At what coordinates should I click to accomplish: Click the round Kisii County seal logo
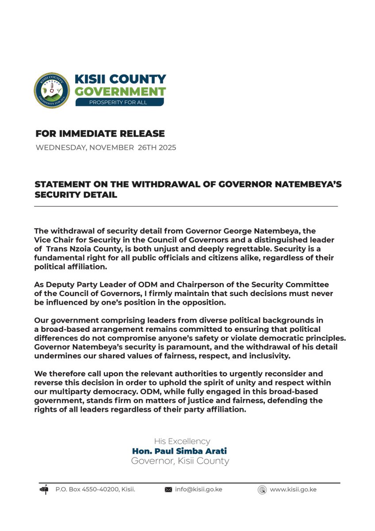click(52, 91)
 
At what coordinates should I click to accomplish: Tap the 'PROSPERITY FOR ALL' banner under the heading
click(120, 102)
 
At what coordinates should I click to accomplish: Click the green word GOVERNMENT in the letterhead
click(120, 92)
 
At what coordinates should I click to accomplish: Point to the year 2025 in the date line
click(166, 148)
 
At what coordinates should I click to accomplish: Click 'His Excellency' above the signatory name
click(182, 441)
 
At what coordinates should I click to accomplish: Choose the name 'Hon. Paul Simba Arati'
click(180, 451)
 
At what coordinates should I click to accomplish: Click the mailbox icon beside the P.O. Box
click(44, 489)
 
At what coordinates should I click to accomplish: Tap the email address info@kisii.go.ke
click(199, 489)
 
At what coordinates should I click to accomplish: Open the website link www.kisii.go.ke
click(293, 489)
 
